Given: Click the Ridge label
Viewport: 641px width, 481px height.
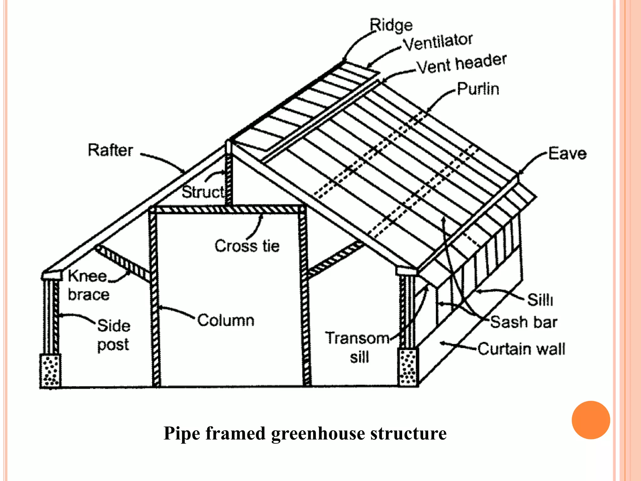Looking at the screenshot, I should pos(391,25).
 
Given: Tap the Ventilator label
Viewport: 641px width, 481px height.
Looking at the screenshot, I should pos(438,42).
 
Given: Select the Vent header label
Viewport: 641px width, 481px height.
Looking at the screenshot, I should pos(462,64).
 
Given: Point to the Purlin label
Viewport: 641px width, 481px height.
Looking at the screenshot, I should pos(478,89).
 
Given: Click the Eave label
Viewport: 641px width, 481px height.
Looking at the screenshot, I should pos(567,153).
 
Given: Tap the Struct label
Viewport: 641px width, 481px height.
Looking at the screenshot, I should pos(203,192).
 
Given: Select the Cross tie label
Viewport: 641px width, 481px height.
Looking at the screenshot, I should pos(247,246).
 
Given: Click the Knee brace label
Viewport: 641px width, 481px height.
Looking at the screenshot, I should pos(89,285).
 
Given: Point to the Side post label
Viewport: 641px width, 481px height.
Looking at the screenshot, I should pos(114,335).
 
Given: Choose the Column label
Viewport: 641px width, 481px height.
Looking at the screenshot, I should pos(226,320).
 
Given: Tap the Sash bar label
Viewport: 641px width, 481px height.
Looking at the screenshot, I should pos(524,322).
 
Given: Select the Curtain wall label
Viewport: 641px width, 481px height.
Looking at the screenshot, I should pos(521,349).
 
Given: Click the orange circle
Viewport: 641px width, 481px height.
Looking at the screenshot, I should pos(591,420).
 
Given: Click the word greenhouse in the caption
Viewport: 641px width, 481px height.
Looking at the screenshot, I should pos(318,433).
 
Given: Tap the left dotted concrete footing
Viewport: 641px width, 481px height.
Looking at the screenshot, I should pos(50,371).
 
